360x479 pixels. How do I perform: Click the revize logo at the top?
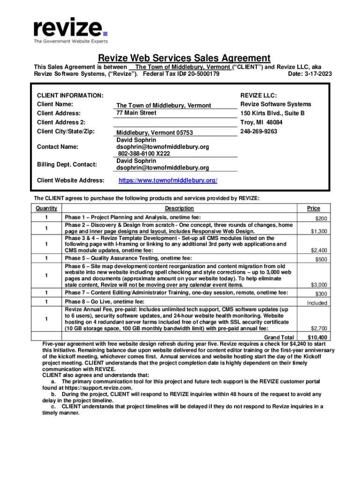[71, 27]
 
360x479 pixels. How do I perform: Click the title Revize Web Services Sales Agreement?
[184, 58]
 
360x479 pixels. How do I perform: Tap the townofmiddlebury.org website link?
[168, 181]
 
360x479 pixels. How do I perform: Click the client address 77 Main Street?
[137, 113]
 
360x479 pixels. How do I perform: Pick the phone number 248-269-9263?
[259, 131]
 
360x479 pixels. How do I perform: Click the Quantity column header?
[46, 209]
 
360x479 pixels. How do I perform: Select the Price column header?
[313, 209]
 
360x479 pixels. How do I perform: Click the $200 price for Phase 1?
[321, 218]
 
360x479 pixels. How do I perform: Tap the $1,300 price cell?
[319, 232]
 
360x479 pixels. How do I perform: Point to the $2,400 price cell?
[319, 250]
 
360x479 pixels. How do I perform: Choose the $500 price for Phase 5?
[321, 260]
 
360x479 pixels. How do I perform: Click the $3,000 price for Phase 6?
[319, 284]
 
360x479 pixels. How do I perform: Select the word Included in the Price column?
[317, 303]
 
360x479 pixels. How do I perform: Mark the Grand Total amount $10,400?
[317, 337]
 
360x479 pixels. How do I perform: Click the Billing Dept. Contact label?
[67, 164]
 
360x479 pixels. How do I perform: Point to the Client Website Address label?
[70, 180]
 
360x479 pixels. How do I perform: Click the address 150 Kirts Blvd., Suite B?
[273, 113]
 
